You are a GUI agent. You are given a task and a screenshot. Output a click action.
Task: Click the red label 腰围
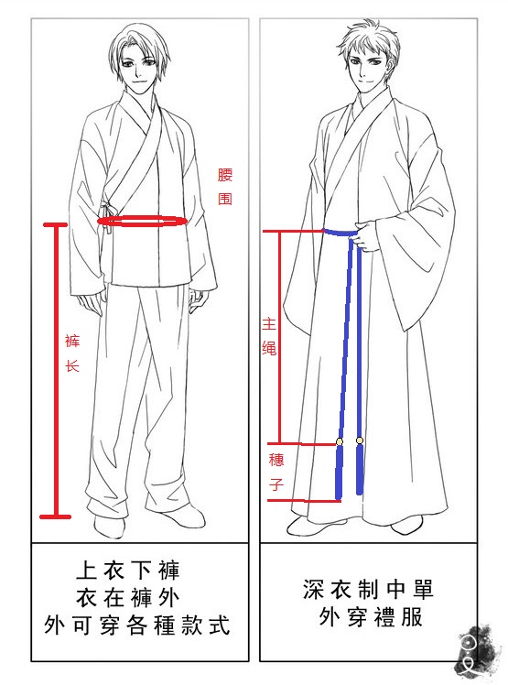[225, 187]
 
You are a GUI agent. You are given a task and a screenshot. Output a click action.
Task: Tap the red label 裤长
[72, 353]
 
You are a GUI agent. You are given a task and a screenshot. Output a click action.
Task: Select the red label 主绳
[269, 336]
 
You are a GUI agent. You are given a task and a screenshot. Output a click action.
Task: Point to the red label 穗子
[276, 472]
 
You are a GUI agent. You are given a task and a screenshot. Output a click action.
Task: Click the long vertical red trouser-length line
[56, 371]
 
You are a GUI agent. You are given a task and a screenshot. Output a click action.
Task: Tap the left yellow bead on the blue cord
[339, 441]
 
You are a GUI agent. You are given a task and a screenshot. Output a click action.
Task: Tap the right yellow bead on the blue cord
[360, 440]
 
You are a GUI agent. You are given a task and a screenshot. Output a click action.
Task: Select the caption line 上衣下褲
[127, 571]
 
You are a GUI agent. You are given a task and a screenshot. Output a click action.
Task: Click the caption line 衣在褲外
[127, 597]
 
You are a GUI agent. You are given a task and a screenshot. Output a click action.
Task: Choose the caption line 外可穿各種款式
[136, 625]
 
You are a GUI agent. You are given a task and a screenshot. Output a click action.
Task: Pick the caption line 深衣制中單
[368, 590]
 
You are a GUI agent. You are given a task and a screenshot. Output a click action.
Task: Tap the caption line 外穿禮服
[371, 617]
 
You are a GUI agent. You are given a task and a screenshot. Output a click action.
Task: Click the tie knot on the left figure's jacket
[105, 209]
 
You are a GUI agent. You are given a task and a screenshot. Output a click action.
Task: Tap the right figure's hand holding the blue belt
[367, 236]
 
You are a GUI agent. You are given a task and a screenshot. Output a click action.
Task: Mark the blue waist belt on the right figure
[340, 233]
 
